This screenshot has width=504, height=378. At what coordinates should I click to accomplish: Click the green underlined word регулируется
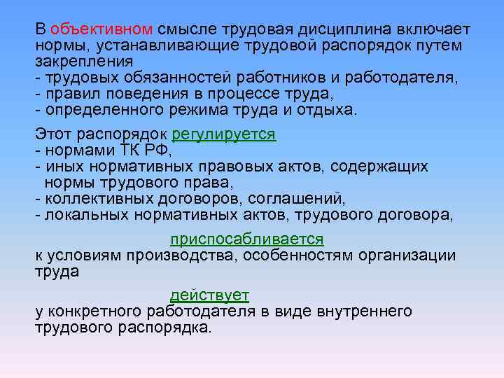223,134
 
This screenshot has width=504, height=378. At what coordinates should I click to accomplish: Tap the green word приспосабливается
247,239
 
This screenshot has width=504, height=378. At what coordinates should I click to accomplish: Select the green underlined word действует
209,295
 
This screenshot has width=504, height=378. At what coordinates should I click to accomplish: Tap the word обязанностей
172,77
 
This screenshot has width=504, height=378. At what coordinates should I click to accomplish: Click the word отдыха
330,109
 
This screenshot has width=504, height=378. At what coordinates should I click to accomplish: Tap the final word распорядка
168,327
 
